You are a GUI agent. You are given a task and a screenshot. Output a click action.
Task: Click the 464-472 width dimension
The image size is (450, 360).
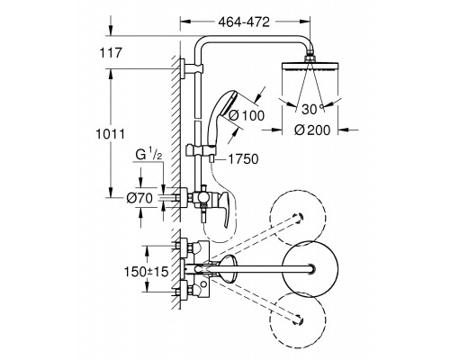pyautogui.click(x=244, y=22)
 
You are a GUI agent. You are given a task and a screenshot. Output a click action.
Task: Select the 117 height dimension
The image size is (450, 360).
pyautogui.click(x=111, y=53)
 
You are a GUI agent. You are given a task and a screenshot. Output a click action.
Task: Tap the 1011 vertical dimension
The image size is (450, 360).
pyautogui.click(x=110, y=134)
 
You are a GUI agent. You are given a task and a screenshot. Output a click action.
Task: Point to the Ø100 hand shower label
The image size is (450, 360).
pyautogui.click(x=247, y=115)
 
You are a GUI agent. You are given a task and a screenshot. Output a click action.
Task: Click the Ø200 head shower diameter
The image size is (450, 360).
pyautogui.click(x=312, y=130)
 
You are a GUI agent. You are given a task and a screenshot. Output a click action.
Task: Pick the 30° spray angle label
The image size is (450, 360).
pyautogui.click(x=312, y=109)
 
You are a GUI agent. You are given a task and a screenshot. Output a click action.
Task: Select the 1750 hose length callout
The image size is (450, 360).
pyautogui.click(x=243, y=159)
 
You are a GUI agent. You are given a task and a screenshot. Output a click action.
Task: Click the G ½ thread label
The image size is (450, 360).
pyautogui.click(x=149, y=156)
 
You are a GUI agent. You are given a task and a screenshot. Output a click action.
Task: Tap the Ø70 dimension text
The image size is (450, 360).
pyautogui.click(x=139, y=198)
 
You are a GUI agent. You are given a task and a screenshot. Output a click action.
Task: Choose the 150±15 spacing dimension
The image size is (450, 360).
pyautogui.click(x=147, y=272)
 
